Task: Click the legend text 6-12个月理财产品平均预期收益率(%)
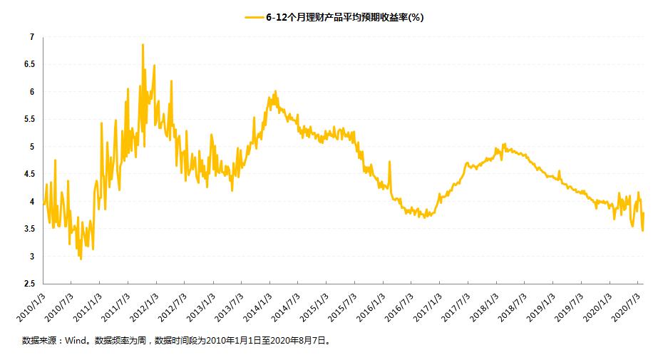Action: [x=345, y=17]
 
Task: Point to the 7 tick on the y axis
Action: [x=31, y=36]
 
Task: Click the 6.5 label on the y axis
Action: [x=29, y=64]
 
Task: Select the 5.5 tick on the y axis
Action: [x=29, y=119]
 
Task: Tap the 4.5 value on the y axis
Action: [x=29, y=174]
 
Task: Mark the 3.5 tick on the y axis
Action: [x=29, y=229]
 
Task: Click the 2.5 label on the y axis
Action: [x=29, y=284]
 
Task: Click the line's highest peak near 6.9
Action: [x=143, y=45]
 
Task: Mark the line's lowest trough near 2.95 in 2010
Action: [x=81, y=258]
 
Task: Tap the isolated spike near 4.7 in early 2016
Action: [x=389, y=162]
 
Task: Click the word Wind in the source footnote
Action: [x=76, y=341]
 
